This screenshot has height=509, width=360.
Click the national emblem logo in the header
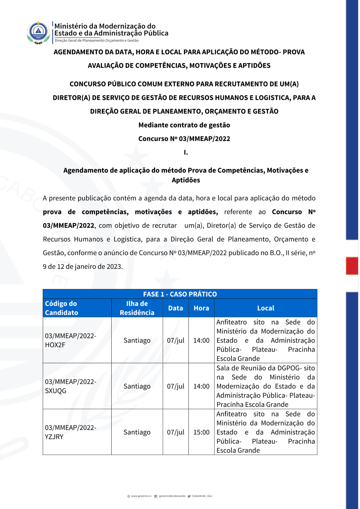38,32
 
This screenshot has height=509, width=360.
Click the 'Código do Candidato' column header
61,308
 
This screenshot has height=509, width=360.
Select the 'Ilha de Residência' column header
137,308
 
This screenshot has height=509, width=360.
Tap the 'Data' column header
176,308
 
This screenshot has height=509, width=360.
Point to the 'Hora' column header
201,308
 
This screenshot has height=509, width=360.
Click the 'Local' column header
266,308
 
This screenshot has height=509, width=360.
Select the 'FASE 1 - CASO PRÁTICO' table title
180,294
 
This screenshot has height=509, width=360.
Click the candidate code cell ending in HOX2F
71,340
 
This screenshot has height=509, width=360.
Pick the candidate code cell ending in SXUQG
71,386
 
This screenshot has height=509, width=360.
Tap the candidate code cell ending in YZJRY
71,432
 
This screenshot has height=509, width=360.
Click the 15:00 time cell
201,432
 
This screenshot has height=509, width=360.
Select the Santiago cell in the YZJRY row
137,432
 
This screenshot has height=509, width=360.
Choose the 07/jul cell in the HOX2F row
176,341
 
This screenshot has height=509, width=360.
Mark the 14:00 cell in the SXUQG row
201,386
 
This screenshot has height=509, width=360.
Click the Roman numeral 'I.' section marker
186,152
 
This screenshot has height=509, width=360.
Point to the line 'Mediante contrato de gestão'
184,125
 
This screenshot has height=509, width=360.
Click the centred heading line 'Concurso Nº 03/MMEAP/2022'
184,139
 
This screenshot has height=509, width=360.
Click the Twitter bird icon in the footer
189,496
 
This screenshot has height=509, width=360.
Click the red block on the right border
352,266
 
